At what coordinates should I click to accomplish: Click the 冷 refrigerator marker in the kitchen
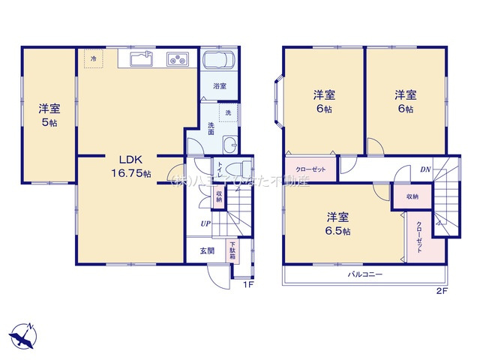94,58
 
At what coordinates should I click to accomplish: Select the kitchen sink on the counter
140,58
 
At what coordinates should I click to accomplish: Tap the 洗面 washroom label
211,128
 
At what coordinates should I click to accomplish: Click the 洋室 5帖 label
49,115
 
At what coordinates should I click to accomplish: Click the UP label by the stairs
204,223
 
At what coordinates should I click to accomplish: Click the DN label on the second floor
425,169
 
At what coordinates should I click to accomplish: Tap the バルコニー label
365,274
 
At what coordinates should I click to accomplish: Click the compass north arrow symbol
25,336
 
